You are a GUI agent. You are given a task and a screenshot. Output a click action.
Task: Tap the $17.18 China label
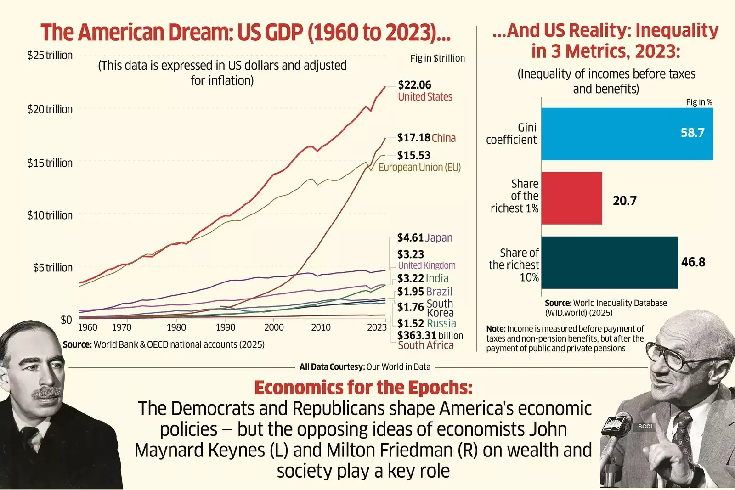(x=426, y=138)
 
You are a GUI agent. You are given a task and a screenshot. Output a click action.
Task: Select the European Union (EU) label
(x=419, y=168)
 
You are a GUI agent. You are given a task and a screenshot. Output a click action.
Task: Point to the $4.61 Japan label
(x=424, y=237)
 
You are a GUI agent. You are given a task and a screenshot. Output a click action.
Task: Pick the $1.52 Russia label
(x=426, y=323)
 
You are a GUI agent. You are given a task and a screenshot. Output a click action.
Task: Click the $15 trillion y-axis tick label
(x=50, y=163)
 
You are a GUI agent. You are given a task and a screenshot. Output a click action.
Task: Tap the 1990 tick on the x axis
(x=226, y=327)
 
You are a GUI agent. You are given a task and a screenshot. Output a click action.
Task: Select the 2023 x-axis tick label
(x=377, y=327)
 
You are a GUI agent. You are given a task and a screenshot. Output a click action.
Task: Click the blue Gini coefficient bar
(x=627, y=134)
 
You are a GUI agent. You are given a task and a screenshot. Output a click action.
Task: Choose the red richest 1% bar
(x=571, y=198)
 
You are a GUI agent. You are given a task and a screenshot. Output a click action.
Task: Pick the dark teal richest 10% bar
(x=609, y=263)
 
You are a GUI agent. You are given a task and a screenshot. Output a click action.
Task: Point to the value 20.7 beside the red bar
(x=624, y=201)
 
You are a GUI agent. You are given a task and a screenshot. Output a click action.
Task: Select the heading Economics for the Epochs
(x=363, y=388)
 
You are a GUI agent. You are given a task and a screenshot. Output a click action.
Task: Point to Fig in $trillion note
(x=437, y=58)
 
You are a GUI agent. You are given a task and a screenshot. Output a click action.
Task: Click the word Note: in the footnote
(x=496, y=329)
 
